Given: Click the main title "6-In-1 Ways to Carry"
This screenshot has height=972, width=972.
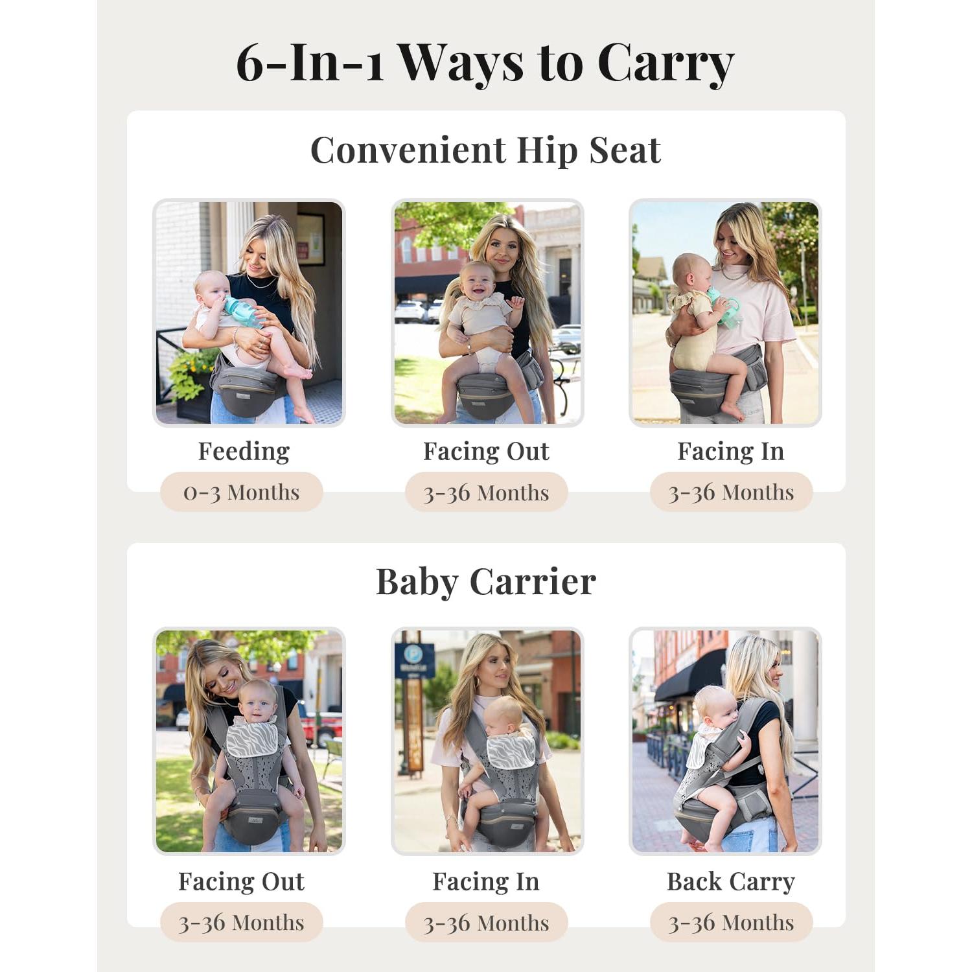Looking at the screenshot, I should [x=485, y=63].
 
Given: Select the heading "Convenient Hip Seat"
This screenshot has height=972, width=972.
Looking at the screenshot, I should [x=485, y=150].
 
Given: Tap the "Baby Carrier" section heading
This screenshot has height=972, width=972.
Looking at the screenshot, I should [x=485, y=581].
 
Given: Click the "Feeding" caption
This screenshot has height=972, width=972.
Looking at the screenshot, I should [x=244, y=451].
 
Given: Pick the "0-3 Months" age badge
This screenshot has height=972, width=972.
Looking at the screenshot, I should [x=241, y=492].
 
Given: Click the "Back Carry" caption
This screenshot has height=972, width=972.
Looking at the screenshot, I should [x=730, y=881].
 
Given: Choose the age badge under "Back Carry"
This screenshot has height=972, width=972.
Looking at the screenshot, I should [x=730, y=923].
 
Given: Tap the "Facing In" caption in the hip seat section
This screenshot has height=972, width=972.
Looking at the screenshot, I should [x=730, y=451].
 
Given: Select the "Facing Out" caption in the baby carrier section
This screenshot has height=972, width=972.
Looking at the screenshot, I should [x=241, y=881].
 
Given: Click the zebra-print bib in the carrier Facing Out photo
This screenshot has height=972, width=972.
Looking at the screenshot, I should [x=251, y=738].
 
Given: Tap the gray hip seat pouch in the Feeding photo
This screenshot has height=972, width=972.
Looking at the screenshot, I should [x=246, y=391].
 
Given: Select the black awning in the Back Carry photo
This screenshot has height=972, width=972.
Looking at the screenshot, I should [x=691, y=677].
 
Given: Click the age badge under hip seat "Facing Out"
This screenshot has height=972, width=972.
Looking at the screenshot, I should [x=485, y=492].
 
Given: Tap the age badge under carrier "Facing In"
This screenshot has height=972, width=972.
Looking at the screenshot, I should [x=485, y=923].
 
